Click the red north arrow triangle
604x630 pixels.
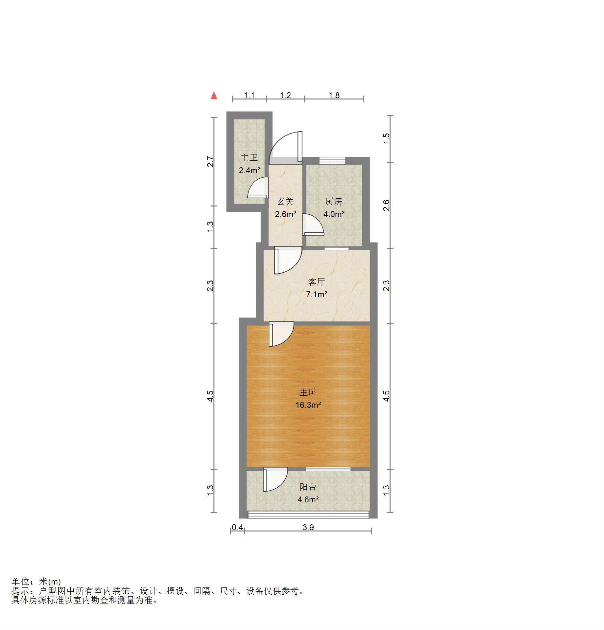[214, 95]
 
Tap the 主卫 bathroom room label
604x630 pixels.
[249, 158]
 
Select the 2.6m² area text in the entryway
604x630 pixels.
[285, 214]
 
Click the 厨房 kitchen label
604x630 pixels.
[334, 201]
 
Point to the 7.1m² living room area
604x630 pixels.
[317, 294]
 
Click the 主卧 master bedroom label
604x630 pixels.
[308, 392]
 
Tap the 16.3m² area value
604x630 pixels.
[308, 405]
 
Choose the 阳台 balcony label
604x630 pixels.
[308, 487]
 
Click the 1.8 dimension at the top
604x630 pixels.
[334, 95]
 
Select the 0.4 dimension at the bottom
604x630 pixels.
[237, 527]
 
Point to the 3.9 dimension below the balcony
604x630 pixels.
[308, 527]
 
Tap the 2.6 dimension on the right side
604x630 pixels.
[386, 205]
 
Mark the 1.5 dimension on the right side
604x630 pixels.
[386, 138]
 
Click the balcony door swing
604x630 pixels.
[276, 479]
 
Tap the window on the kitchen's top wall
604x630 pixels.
[332, 160]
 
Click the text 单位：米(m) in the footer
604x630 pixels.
[36, 582]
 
